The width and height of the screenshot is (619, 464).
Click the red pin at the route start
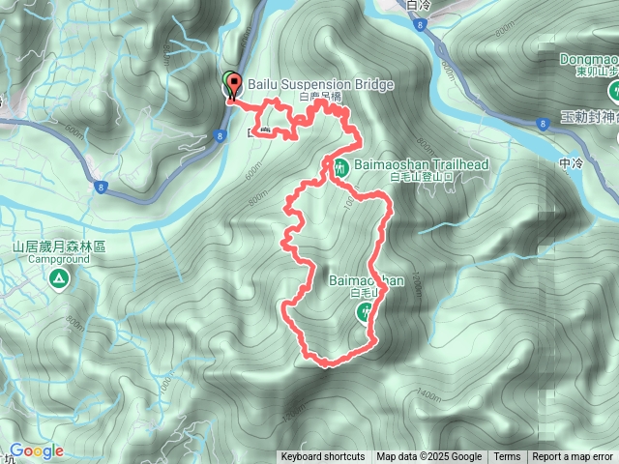(231, 87)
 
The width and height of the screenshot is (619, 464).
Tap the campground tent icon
(59, 280)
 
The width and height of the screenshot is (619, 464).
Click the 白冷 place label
(420, 6)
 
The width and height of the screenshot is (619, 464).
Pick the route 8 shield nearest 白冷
(420, 26)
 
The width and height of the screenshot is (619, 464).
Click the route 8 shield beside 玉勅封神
(543, 123)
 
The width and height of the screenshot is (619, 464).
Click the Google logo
(36, 451)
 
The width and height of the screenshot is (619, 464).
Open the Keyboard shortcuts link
(323, 457)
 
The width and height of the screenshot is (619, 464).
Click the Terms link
(507, 457)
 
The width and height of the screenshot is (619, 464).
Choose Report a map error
(574, 457)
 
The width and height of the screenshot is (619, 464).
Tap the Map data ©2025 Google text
(429, 457)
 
